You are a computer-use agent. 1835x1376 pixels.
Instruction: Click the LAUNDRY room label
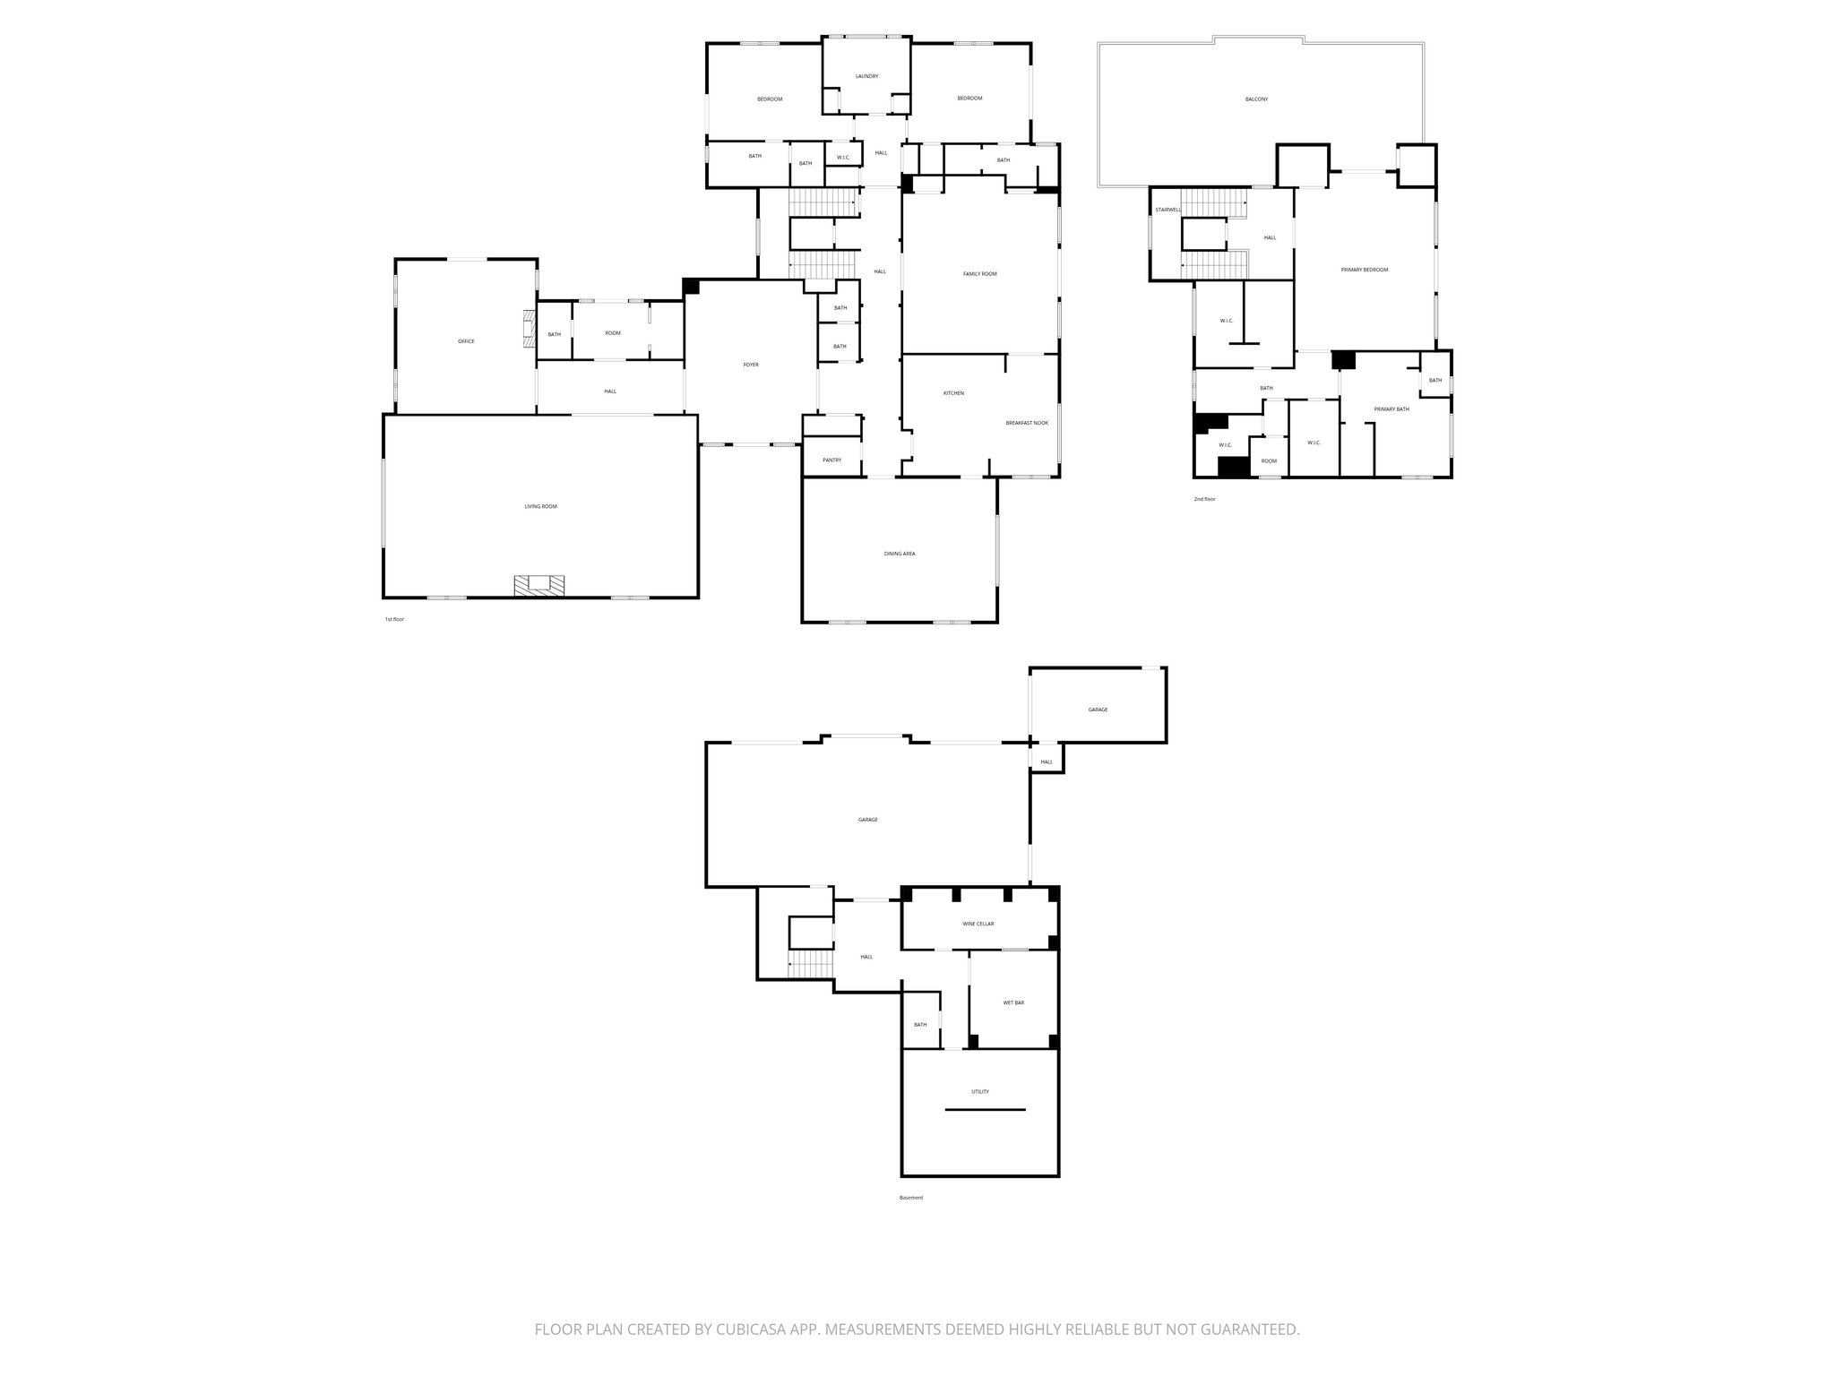(866, 76)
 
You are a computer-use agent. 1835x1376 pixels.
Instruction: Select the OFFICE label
(466, 341)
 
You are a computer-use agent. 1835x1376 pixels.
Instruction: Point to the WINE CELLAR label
(978, 924)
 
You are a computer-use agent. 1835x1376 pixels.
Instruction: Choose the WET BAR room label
(1013, 1002)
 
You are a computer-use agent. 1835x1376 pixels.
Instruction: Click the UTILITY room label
(980, 1091)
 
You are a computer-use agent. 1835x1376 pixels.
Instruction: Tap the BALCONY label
(1256, 99)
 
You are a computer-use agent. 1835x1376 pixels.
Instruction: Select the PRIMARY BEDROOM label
(1364, 270)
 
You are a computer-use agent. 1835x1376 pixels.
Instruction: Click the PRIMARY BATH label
(1391, 408)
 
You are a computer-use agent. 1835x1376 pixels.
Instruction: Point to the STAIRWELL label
(1167, 210)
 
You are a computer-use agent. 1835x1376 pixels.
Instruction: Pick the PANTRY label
(831, 460)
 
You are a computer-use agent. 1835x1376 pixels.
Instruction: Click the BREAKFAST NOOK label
(1026, 423)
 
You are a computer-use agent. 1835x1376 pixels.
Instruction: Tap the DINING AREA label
(899, 554)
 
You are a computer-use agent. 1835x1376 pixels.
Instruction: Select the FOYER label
(751, 365)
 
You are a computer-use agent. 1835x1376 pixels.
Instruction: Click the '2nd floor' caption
(1204, 499)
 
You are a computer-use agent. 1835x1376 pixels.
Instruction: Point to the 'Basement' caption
(910, 1198)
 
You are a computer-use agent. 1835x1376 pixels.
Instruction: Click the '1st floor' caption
(394, 619)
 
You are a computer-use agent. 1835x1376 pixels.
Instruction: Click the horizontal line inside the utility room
(985, 1110)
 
